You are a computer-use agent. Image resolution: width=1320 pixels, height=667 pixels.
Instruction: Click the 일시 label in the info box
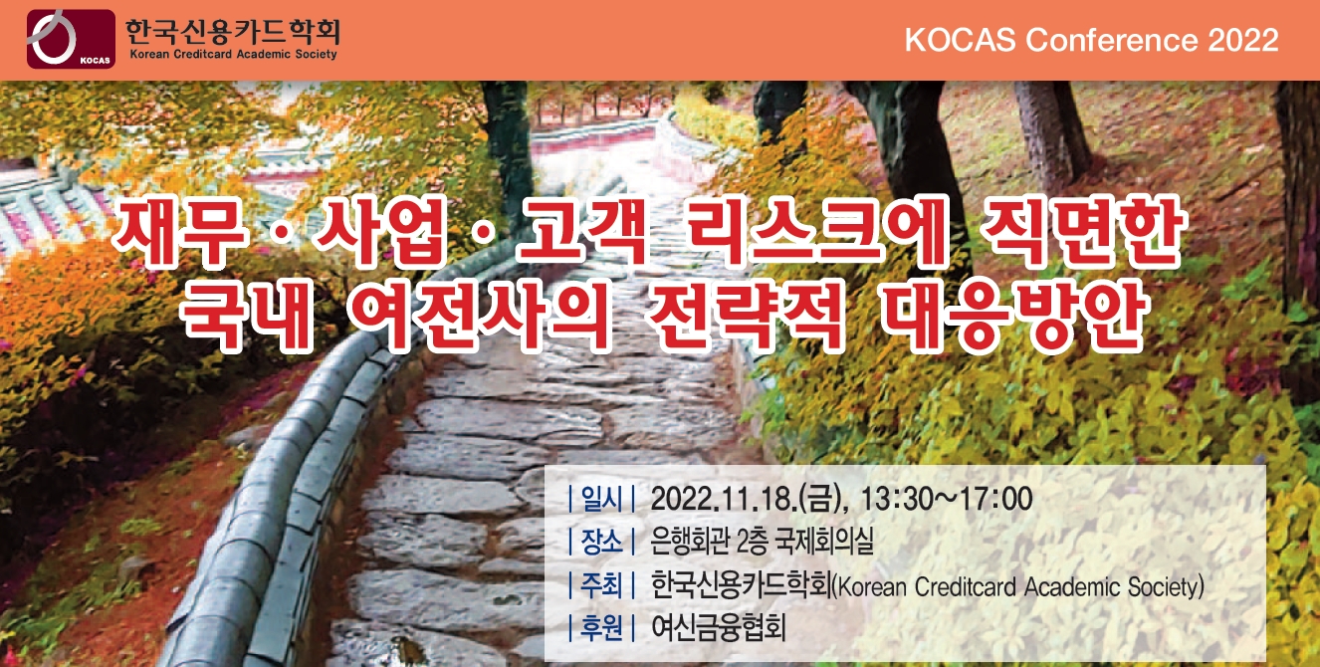tap(600, 498)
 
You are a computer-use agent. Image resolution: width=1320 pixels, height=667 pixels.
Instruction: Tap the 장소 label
tap(600, 543)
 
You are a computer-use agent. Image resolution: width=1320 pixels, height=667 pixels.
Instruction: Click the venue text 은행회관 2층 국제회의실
tap(762, 543)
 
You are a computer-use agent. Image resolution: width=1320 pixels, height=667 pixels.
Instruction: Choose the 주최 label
tap(600, 586)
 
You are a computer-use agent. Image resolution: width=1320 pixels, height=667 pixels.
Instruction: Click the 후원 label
tap(600, 628)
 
